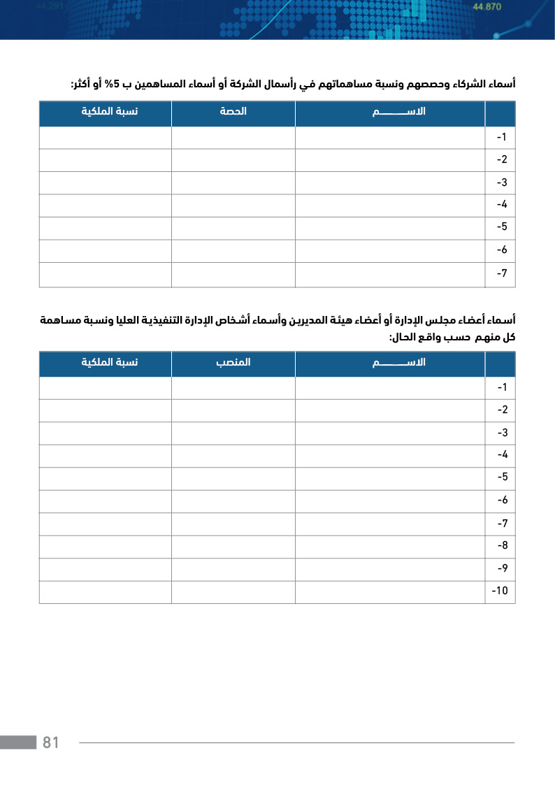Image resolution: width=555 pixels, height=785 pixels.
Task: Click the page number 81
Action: coord(51,742)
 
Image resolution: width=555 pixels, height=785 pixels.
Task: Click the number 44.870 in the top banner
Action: coord(487,7)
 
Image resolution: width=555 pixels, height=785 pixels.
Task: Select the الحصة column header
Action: coord(233,112)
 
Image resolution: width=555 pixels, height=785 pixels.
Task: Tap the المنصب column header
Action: coord(233,363)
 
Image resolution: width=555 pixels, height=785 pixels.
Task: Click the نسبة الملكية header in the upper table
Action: coord(109,112)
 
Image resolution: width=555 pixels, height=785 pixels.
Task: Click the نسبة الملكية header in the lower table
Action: coord(109,363)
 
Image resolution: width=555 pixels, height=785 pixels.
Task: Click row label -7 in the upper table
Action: coord(501,273)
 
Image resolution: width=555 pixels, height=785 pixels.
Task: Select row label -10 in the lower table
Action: coord(500,591)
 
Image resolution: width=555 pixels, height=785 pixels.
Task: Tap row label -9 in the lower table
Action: coord(501,568)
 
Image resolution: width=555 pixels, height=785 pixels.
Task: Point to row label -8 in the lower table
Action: coord(501,546)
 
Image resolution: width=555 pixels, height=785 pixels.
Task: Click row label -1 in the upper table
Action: coord(501,137)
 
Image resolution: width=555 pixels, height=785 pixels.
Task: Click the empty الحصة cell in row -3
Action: coord(233,182)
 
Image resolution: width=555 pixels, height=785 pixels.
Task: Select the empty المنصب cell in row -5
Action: coord(233,478)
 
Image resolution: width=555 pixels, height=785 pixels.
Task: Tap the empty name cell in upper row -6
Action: coord(390,250)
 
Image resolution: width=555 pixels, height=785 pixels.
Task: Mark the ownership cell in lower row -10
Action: coord(106,591)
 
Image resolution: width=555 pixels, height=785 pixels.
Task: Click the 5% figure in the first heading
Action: coord(115,85)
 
